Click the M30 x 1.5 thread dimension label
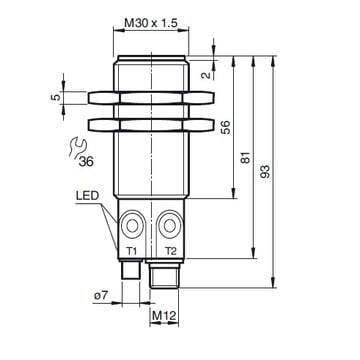[151, 23]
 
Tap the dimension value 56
[226, 127]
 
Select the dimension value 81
[246, 157]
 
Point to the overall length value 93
[265, 171]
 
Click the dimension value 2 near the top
[207, 75]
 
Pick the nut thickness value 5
[57, 97]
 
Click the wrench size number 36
[86, 162]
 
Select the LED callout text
[87, 196]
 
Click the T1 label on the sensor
[132, 252]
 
